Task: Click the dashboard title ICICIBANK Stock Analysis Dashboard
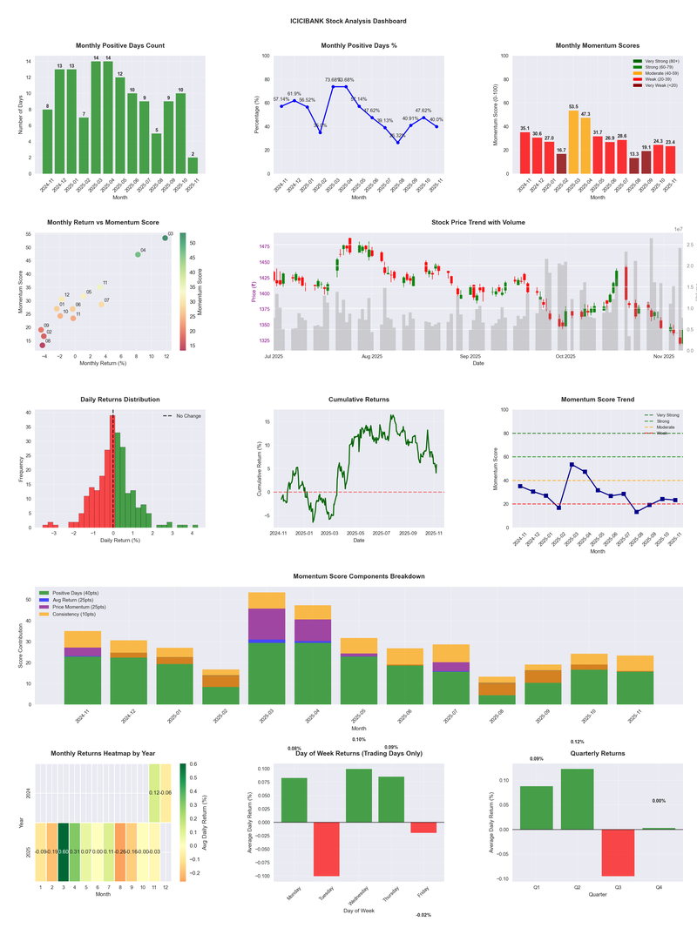[348, 20]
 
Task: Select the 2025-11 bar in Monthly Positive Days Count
[193, 165]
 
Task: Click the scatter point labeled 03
[165, 238]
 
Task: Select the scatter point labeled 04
[138, 254]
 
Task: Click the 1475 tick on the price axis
[260, 247]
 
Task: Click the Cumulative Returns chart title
[359, 400]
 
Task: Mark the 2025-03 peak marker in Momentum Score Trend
[572, 464]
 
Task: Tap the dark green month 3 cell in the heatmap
[64, 851]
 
